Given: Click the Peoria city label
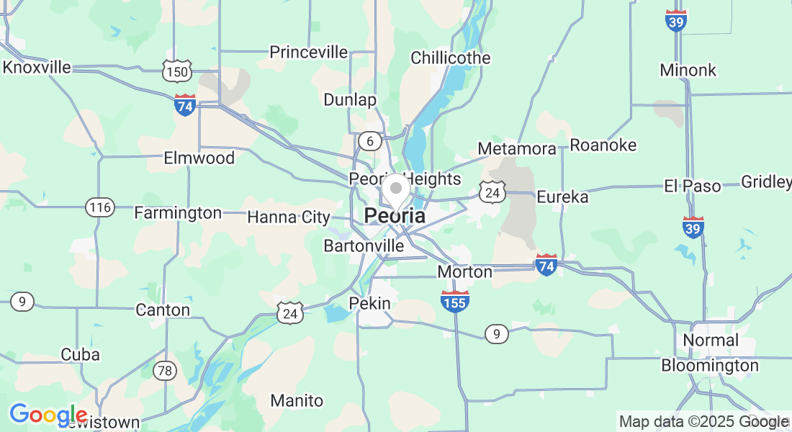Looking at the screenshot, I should pos(395,215).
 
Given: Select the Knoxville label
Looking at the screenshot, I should pos(37,67).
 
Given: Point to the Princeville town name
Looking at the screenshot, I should pos(308,52).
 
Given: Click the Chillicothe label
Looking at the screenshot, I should pos(451,58).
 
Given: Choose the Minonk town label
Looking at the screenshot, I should pos(688,70).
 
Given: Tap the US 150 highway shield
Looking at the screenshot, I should pos(176,72).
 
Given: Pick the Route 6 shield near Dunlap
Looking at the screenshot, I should pos(370,141).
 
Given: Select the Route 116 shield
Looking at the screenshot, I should pos(99,208).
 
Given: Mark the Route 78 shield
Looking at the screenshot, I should pos(165,371).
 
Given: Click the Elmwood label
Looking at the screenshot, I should pos(199,158).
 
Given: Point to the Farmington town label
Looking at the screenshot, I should pos(178,213).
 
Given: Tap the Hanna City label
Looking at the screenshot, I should pos(289,217).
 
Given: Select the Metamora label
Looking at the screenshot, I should pos(517,148).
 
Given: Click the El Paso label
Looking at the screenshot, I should pos(692,186).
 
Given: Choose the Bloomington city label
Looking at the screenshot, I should pos(710,365).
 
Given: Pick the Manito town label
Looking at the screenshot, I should pos(297,400).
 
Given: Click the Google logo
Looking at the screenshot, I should pos(48,415).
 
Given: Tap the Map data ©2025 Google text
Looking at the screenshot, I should pos(704,422).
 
